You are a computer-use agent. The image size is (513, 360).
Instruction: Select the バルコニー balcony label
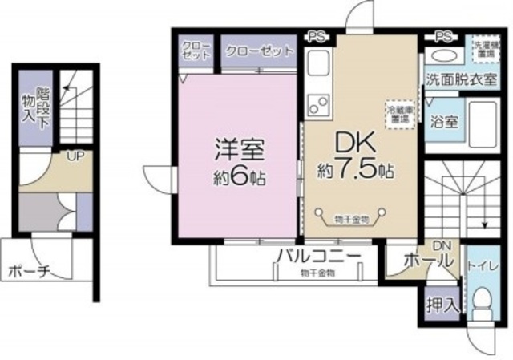(313, 257)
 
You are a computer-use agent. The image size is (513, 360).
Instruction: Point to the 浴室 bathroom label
(444, 123)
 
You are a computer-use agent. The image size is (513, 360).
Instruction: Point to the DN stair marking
(442, 245)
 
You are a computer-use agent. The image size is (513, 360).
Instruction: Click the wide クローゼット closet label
(259, 51)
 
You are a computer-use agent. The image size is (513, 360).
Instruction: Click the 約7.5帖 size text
(357, 171)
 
